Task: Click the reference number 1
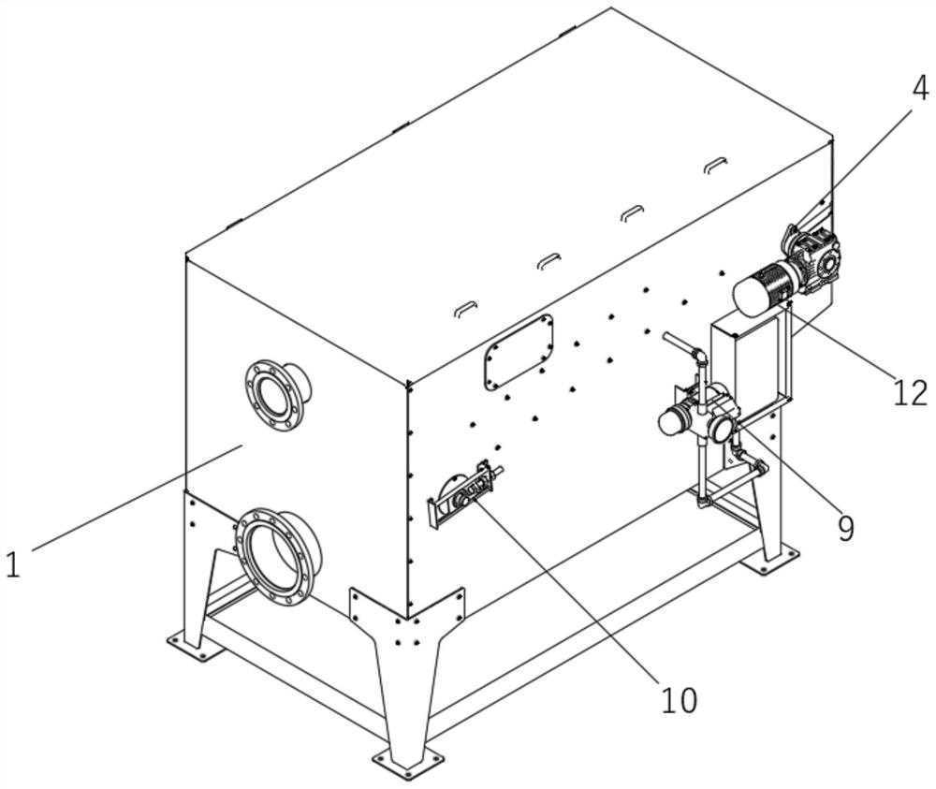12,564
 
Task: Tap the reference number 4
920,89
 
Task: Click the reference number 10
679,699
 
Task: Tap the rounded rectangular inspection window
518,352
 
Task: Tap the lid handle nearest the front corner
463,308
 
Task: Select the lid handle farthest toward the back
715,164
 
